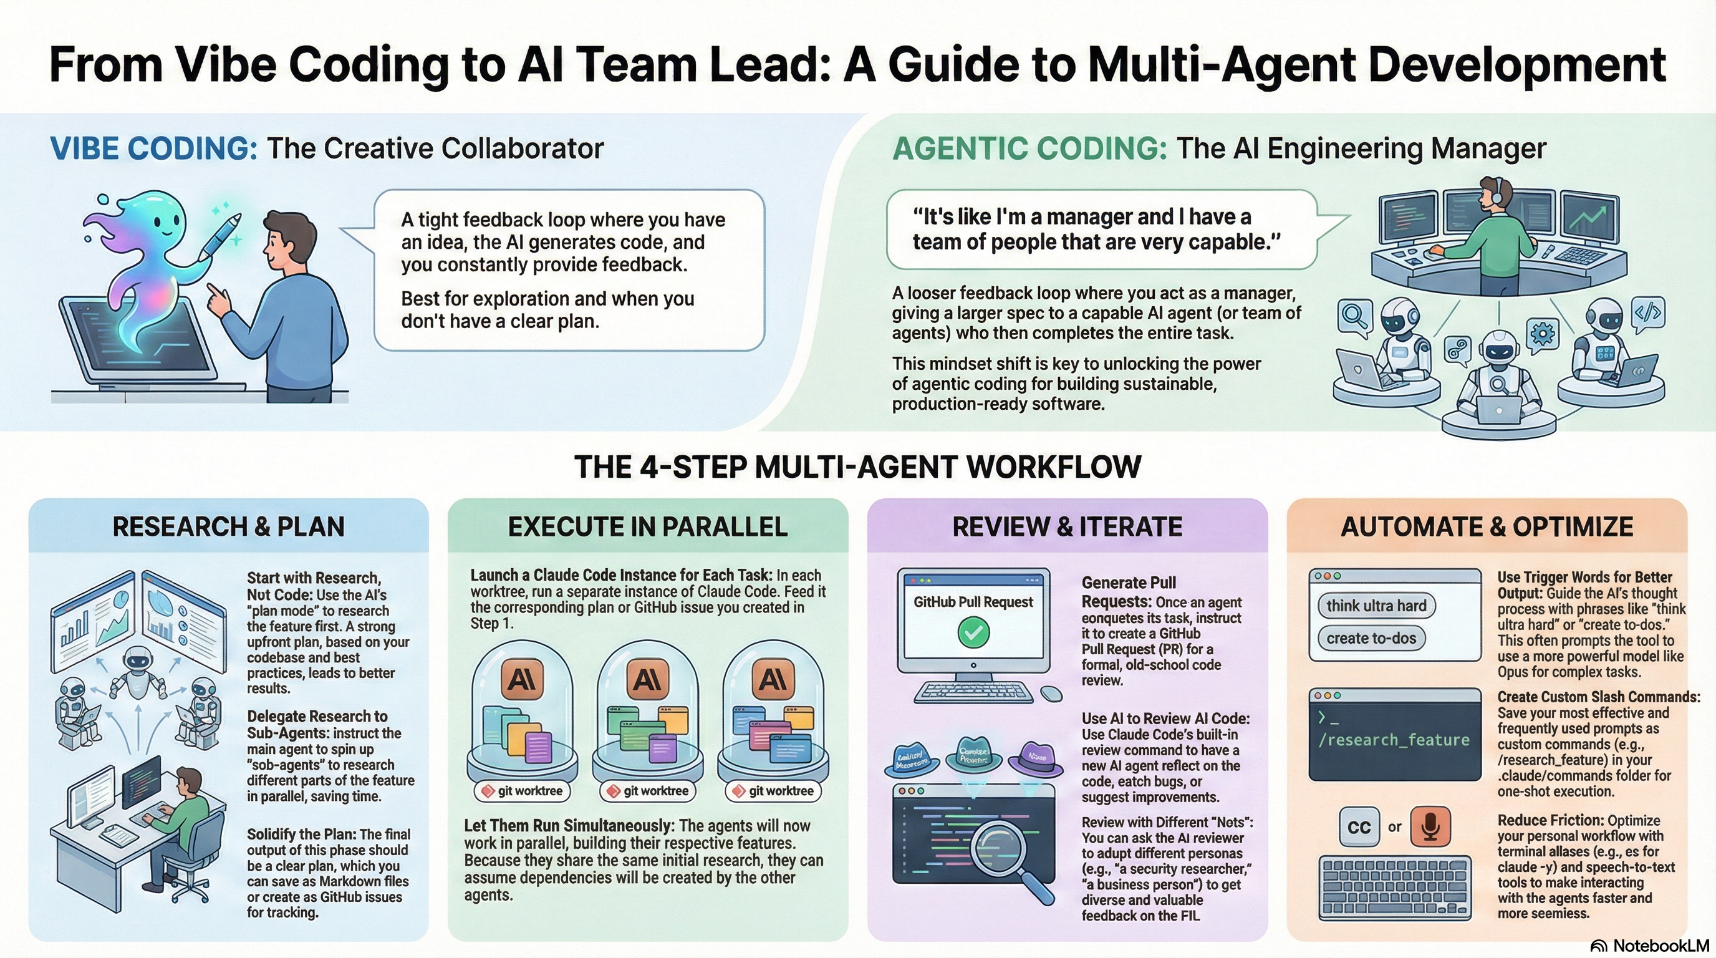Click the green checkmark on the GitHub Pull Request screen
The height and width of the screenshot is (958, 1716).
(x=973, y=632)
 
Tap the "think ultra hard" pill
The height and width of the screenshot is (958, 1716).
(x=1376, y=606)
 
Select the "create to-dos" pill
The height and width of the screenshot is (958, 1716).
(x=1371, y=638)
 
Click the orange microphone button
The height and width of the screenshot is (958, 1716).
(x=1430, y=826)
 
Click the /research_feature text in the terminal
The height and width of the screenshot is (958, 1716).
(x=1394, y=740)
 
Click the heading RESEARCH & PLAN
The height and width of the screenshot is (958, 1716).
(x=228, y=527)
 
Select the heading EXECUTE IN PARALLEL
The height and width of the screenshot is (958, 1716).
(x=647, y=527)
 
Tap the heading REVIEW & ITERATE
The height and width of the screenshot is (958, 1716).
(x=1067, y=527)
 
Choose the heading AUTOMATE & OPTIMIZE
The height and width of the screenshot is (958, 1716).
(x=1487, y=527)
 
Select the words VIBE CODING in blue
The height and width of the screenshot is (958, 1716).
(x=153, y=148)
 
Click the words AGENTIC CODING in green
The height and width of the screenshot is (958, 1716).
(x=1029, y=148)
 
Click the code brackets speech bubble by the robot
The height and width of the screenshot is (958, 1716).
(x=1648, y=313)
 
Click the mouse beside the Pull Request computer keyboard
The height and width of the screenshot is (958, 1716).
(x=1051, y=694)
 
